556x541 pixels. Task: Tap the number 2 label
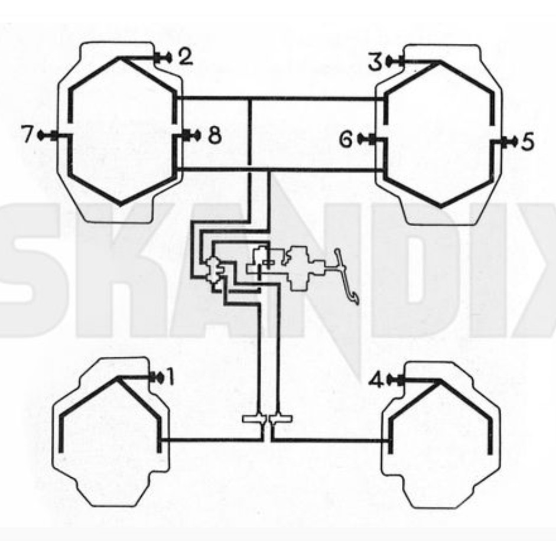coord(186,57)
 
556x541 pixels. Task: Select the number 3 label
coord(375,61)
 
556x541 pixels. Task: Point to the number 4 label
coord(376,381)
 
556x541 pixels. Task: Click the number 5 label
coord(527,142)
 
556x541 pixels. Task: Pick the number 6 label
coord(346,139)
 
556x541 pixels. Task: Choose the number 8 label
coord(214,135)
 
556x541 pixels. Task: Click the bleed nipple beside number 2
coord(164,57)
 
